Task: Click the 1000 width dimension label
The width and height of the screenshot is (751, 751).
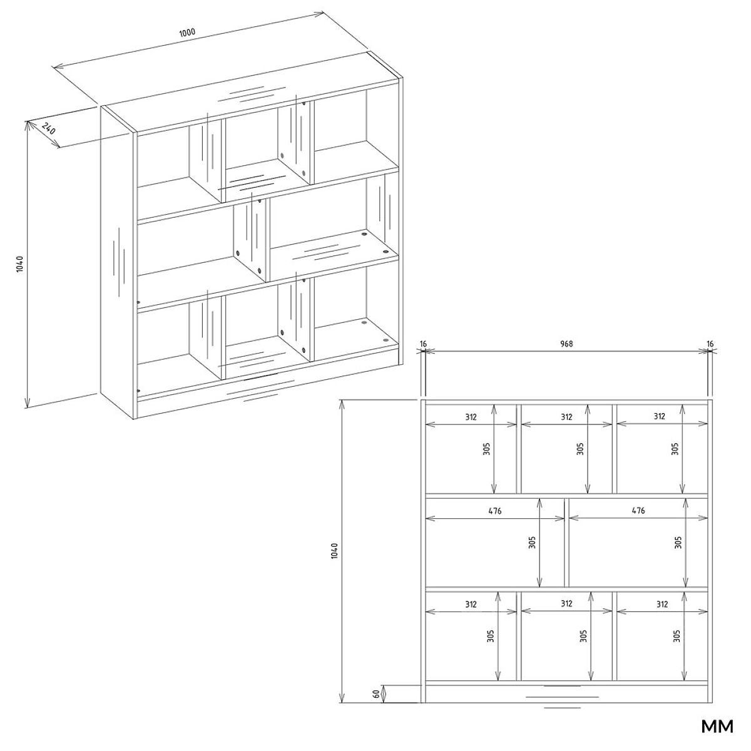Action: pos(187,33)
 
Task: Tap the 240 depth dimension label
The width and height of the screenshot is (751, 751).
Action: pos(48,129)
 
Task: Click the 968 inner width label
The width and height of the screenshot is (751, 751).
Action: pos(566,344)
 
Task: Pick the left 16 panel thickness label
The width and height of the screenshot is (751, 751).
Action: pos(424,344)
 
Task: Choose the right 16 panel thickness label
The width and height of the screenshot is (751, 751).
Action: pos(710,344)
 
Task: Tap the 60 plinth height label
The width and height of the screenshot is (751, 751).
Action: pos(376,694)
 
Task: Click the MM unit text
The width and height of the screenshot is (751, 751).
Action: pos(717,727)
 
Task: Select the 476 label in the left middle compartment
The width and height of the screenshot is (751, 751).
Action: pos(495,511)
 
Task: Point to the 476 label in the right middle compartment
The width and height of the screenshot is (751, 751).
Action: pos(638,510)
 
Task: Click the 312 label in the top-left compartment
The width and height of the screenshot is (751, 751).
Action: pos(471,417)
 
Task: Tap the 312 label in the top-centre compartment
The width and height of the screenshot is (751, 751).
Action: pos(566,417)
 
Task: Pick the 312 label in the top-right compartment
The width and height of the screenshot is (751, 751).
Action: pos(660,416)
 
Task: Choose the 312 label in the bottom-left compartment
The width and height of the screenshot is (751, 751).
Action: pos(471,605)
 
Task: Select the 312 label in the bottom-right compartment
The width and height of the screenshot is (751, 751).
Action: pos(662,605)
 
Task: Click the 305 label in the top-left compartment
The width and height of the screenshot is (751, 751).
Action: pos(486,449)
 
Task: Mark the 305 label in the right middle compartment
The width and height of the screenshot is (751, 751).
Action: pos(678,543)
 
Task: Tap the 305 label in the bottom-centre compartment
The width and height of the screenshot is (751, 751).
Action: pos(583,636)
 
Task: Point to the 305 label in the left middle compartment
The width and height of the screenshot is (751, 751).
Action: pos(533,543)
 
